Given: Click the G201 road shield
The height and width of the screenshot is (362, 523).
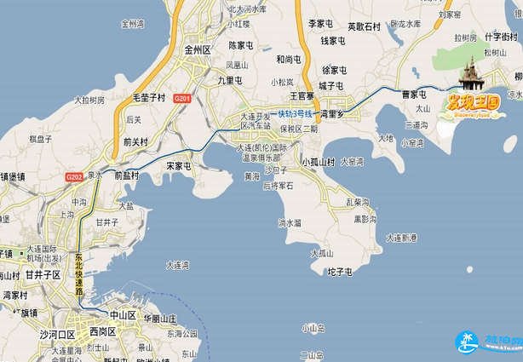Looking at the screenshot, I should pyautogui.click(x=181, y=99).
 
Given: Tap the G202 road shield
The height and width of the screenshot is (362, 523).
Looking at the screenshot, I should pyautogui.click(x=74, y=176).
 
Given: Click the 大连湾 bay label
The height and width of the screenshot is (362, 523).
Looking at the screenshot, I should pyautogui.click(x=178, y=264).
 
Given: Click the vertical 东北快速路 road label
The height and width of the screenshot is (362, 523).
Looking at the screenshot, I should pyautogui.click(x=78, y=272).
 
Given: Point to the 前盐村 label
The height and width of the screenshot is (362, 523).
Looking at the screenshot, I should pyautogui.click(x=126, y=176).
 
